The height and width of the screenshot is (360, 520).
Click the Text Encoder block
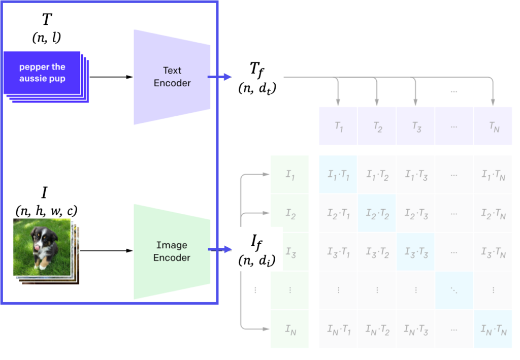click(172, 77)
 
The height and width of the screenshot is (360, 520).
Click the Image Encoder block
click(172, 251)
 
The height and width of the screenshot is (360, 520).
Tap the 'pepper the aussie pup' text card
click(42, 73)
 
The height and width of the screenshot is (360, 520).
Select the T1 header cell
click(338, 127)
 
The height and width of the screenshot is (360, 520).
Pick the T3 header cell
click(416, 127)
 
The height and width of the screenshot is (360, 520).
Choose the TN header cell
click(493, 127)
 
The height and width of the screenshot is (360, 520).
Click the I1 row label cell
click(290, 175)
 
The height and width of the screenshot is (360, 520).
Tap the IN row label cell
click(290, 329)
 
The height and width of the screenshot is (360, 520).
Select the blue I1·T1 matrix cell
click(338, 175)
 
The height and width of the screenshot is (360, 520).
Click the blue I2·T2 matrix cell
click(377, 213)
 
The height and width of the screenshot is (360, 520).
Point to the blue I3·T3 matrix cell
click(416, 252)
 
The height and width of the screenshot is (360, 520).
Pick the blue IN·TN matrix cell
click(493, 329)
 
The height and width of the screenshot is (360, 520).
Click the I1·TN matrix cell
click(493, 175)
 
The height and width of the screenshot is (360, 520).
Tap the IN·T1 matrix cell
click(338, 329)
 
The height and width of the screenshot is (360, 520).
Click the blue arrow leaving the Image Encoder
click(220, 250)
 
